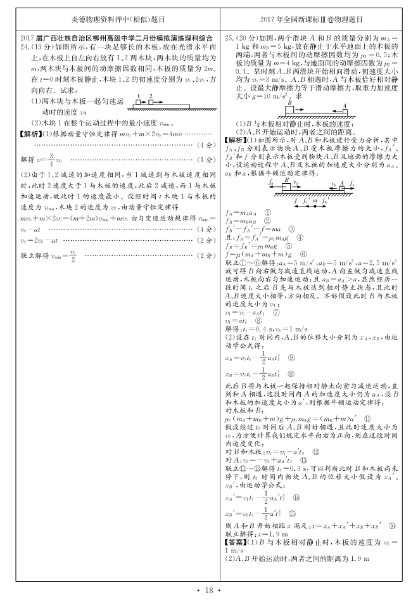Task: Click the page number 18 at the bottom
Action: pos(208,591)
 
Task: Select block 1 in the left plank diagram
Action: pos(138,102)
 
